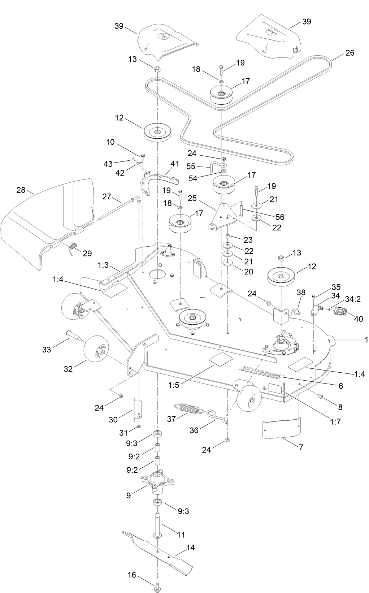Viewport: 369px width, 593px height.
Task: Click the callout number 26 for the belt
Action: pyautogui.click(x=350, y=53)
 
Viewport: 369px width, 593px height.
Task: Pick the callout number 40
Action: pyautogui.click(x=358, y=319)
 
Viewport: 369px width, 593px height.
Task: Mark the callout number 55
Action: pyautogui.click(x=191, y=166)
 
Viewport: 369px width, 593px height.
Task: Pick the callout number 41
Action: pyautogui.click(x=174, y=164)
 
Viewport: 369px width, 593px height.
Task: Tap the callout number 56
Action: pyautogui.click(x=279, y=217)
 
